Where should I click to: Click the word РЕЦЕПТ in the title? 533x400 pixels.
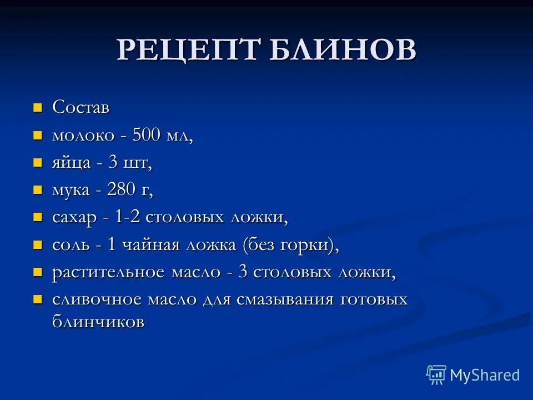pos(188,51)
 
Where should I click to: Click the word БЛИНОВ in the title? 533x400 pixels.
pos(342,51)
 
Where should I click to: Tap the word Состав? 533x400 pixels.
pos(81,107)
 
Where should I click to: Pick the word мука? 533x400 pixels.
pos(71,190)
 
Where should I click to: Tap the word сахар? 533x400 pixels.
pos(74,217)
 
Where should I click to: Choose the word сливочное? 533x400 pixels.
pos(98,300)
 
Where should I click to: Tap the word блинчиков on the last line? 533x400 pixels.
pos(98,321)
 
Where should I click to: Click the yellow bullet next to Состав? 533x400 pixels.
pos(38,107)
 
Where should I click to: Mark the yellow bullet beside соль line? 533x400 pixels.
pos(38,244)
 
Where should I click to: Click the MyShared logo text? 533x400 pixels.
pos(485,375)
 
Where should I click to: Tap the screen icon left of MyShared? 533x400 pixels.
pos(436,375)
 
